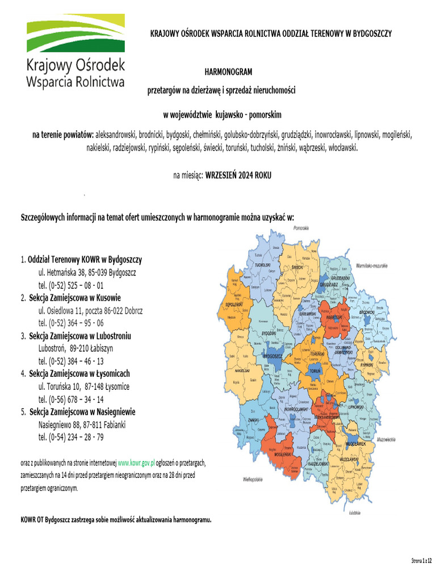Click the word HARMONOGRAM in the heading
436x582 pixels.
(228, 72)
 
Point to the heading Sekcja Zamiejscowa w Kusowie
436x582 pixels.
(75, 298)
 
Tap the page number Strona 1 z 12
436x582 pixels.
(421, 561)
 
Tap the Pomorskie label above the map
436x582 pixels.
(301, 228)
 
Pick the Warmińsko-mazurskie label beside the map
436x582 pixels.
(372, 265)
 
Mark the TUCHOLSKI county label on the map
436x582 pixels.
(262, 265)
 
